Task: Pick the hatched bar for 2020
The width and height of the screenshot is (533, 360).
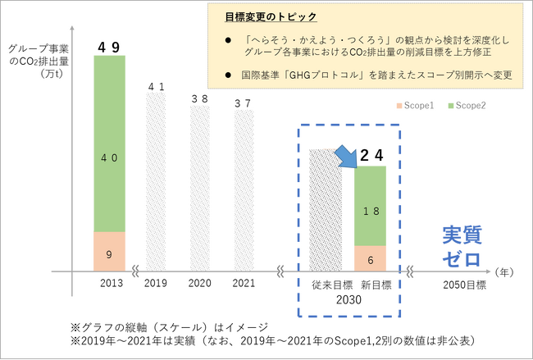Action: tap(200, 189)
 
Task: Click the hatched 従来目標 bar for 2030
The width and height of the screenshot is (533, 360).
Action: tap(324, 209)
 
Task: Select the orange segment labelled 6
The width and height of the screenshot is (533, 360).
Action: tap(370, 258)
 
